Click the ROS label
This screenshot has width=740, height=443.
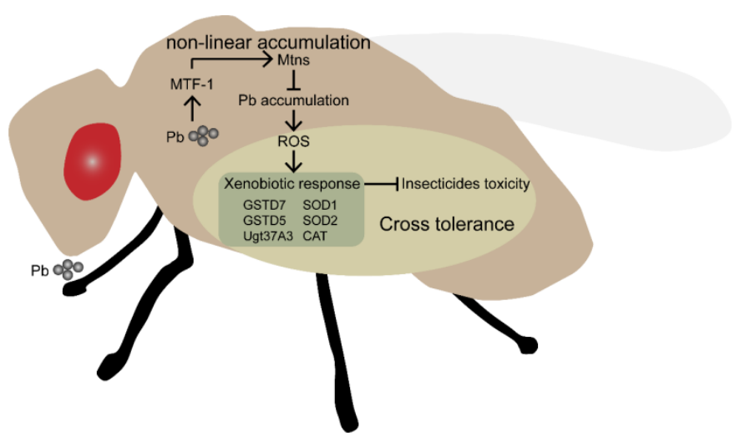(x=293, y=142)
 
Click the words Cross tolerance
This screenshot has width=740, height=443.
(x=446, y=224)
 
